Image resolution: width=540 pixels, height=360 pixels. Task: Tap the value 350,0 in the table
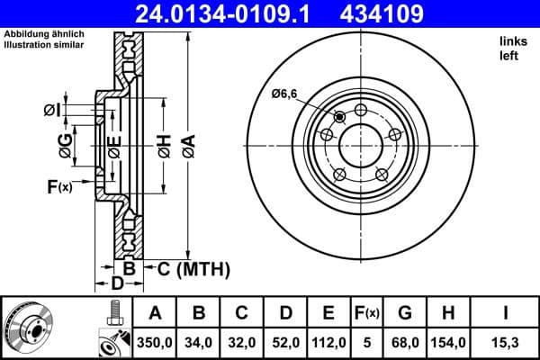coord(156,343)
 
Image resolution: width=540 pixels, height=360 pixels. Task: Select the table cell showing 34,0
coord(199,343)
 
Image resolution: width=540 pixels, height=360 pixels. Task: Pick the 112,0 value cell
coord(328,343)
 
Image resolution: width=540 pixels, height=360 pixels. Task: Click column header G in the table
coord(406,314)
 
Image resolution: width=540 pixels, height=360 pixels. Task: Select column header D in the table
coord(285,314)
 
